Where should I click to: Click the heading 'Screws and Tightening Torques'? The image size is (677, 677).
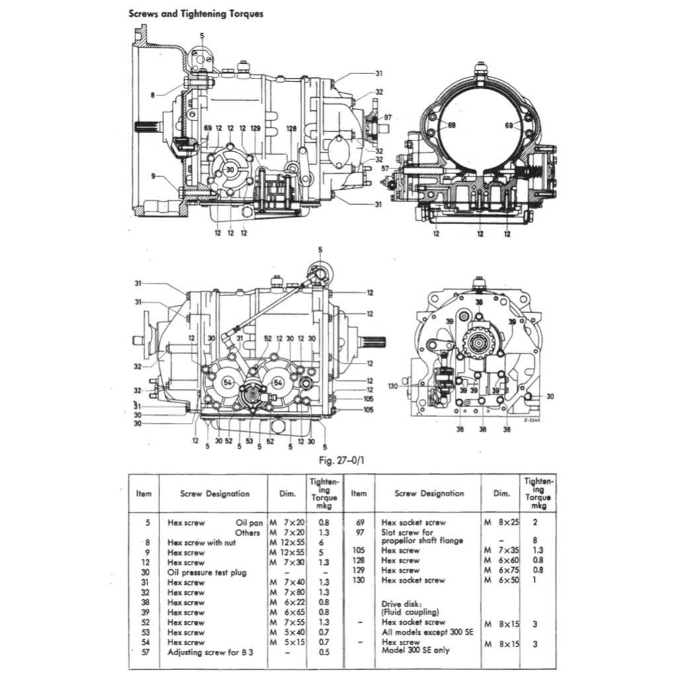[195, 13]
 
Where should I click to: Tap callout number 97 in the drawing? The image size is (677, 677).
[387, 117]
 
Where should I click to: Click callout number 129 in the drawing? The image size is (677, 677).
[256, 128]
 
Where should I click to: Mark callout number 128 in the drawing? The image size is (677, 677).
[292, 128]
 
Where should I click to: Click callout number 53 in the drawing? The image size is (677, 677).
[249, 441]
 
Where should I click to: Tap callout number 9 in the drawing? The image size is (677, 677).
[153, 176]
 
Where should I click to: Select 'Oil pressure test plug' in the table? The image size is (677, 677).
[206, 573]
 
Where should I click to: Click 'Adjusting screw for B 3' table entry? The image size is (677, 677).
[210, 653]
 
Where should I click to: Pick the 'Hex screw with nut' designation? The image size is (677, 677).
[204, 542]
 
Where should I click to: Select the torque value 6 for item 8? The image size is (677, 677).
[321, 542]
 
